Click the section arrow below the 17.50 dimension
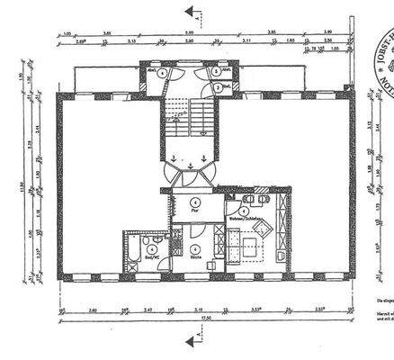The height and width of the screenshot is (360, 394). (x=190, y=341)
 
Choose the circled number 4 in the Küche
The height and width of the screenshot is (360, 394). (x=194, y=248)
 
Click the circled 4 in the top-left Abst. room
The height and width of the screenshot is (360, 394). (x=161, y=73)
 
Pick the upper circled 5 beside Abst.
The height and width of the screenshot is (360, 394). (x=217, y=71)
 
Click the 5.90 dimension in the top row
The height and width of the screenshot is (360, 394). (x=189, y=33)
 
